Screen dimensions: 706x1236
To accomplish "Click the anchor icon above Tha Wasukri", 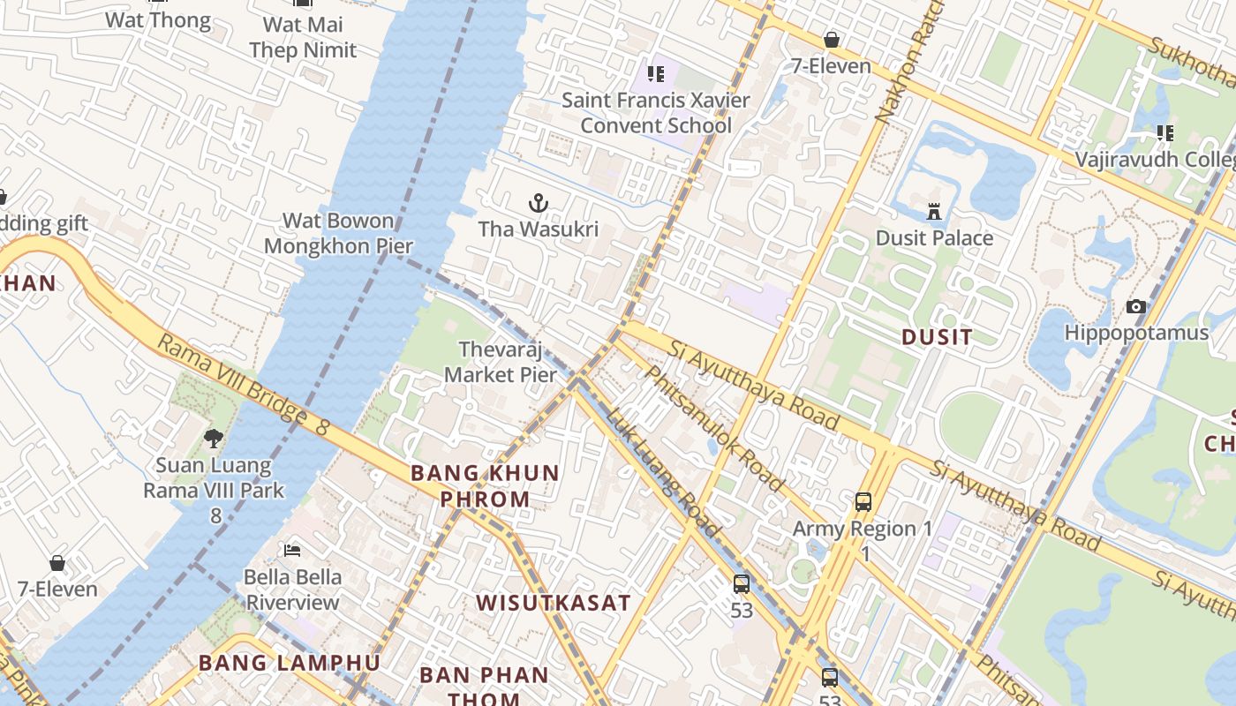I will [x=539, y=204].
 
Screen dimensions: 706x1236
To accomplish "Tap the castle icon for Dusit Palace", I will [x=934, y=212].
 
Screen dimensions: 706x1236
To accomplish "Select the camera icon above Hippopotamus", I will [x=1136, y=307].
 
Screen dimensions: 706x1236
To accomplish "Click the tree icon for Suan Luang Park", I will [x=213, y=439].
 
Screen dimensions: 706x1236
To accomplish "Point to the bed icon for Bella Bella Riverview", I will [x=292, y=552].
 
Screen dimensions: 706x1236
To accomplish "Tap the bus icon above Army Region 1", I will [x=863, y=502].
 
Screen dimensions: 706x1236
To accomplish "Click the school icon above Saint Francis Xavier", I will [x=655, y=73].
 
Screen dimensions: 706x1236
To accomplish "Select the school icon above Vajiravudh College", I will [x=1165, y=133].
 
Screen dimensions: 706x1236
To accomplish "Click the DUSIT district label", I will [x=937, y=336].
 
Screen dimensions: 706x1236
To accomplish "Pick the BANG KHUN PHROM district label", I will [x=486, y=485].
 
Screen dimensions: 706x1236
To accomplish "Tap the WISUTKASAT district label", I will [x=554, y=603].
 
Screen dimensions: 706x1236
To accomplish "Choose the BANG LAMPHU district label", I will [x=290, y=663].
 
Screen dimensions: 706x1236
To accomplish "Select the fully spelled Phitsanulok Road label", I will [x=712, y=427].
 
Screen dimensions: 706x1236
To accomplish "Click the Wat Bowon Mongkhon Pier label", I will [x=338, y=233].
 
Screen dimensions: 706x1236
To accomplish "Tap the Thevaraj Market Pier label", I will [x=501, y=362].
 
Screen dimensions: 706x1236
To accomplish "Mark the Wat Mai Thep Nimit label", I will [x=303, y=37].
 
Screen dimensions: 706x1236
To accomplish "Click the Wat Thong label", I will [x=158, y=19].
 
